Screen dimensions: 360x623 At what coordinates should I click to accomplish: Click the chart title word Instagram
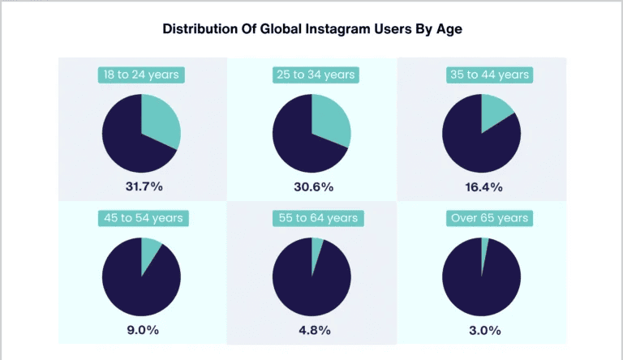pyautogui.click(x=342, y=29)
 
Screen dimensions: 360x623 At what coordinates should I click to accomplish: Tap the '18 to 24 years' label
pyautogui.click(x=142, y=75)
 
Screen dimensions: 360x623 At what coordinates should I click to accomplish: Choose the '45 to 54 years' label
pyautogui.click(x=142, y=218)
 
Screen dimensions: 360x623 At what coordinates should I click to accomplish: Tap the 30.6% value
pyautogui.click(x=311, y=186)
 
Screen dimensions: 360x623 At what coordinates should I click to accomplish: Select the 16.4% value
pyautogui.click(x=482, y=186)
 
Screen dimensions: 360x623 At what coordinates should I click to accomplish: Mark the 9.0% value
pyautogui.click(x=142, y=330)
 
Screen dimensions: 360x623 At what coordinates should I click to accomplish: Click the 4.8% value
pyautogui.click(x=311, y=330)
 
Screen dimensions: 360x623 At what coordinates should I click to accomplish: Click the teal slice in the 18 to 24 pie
pyautogui.click(x=161, y=121)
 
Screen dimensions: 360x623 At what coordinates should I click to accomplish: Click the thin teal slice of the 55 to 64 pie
pyautogui.click(x=316, y=250)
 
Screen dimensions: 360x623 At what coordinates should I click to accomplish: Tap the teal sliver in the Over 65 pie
pyautogui.click(x=484, y=247)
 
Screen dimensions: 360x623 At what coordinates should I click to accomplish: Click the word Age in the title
pyautogui.click(x=449, y=29)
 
